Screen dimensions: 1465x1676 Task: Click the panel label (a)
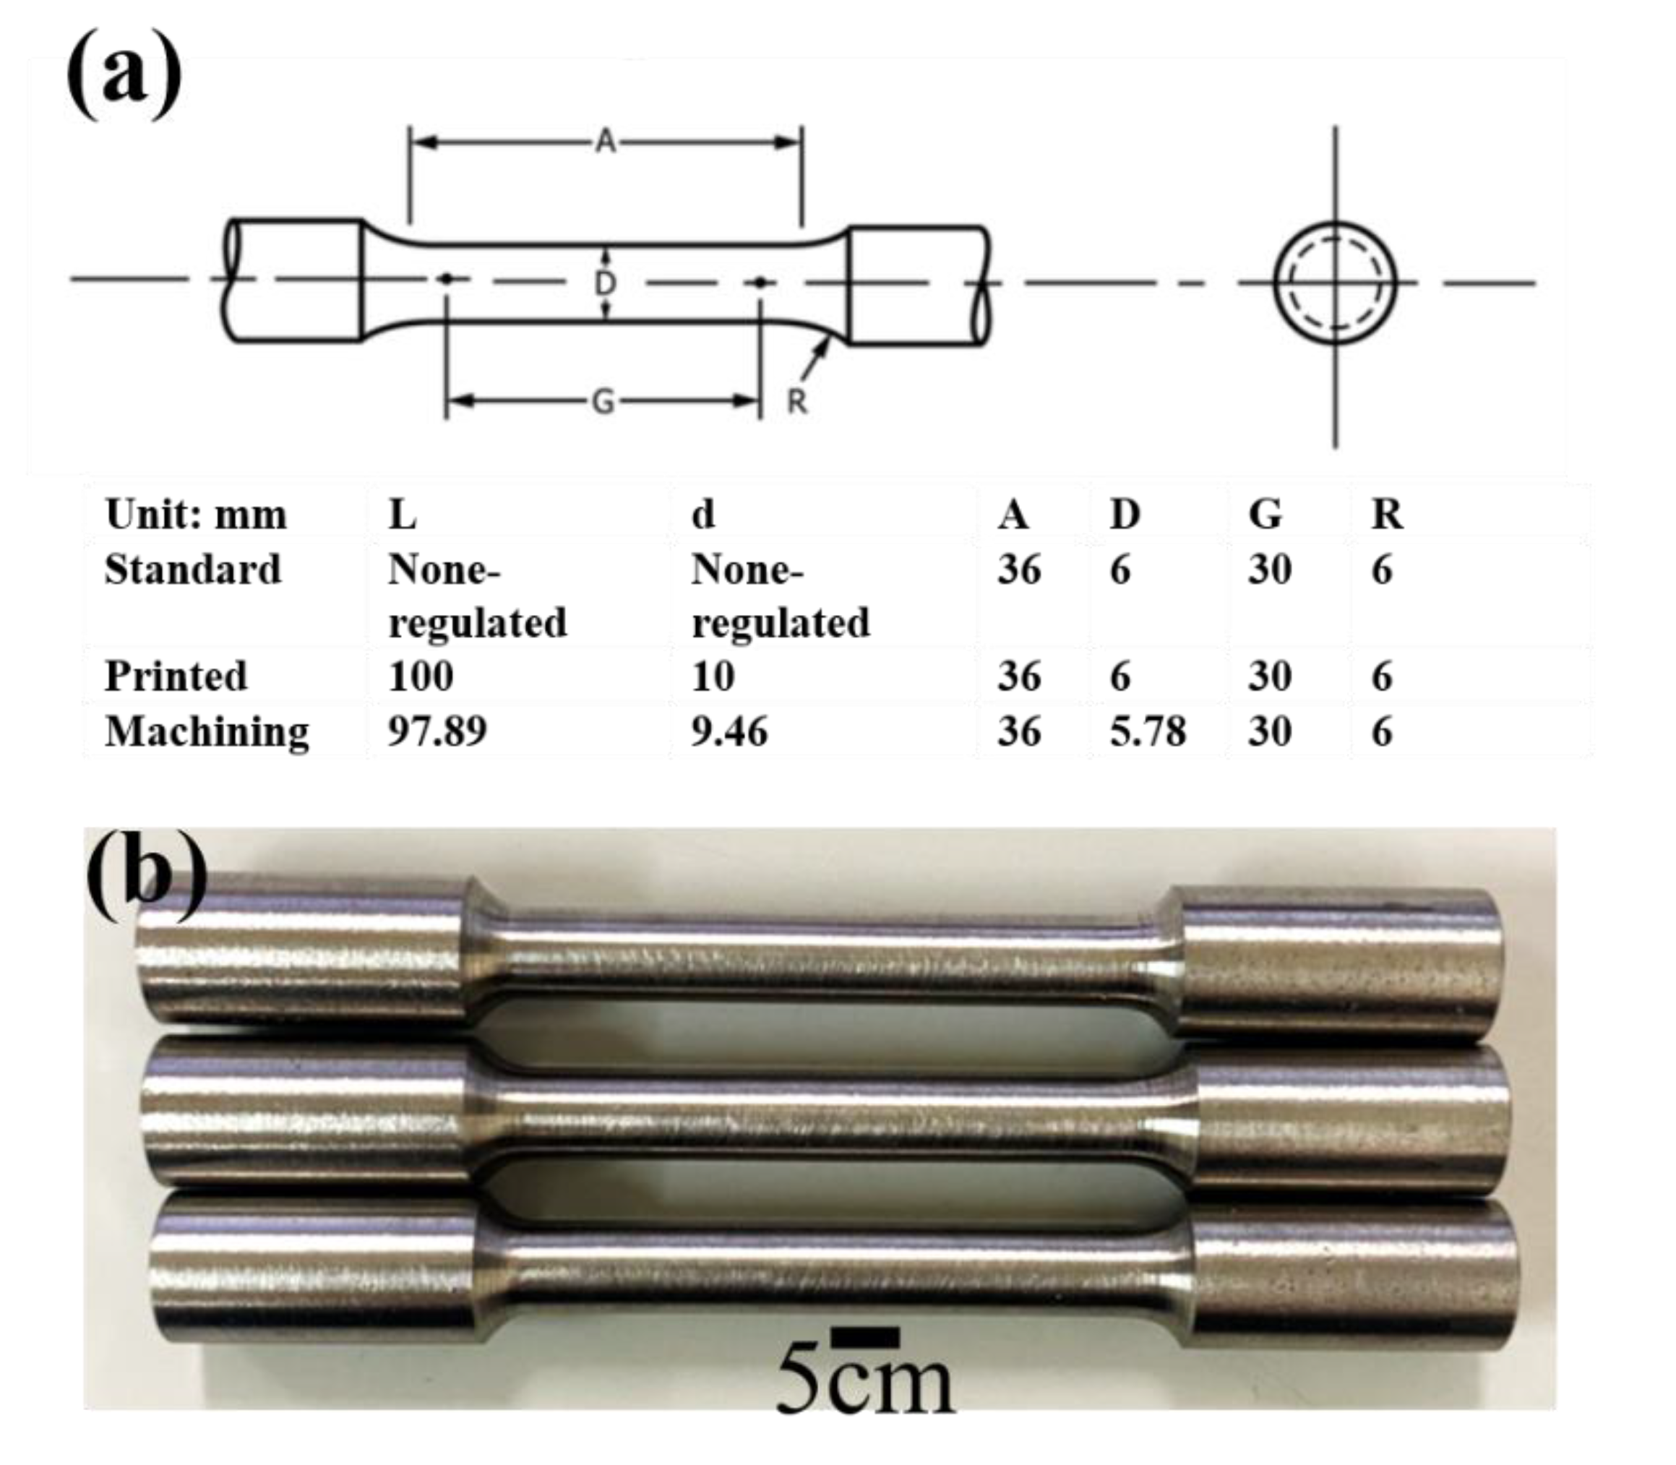(124, 74)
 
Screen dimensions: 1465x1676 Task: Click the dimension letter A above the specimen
(605, 142)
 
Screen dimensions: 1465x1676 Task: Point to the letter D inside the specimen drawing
(605, 284)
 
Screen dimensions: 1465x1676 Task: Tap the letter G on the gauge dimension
(603, 401)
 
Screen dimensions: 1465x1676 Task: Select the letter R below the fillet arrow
(796, 401)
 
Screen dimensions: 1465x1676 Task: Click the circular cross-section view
(1335, 282)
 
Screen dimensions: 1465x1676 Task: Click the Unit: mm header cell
(196, 515)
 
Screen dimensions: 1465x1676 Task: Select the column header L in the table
(403, 515)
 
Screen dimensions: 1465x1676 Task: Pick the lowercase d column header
(703, 515)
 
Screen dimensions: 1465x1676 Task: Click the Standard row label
(193, 569)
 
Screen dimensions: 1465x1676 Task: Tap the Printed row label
(176, 676)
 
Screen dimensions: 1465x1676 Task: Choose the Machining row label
(207, 731)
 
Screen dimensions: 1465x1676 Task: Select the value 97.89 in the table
(437, 731)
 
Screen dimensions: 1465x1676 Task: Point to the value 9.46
(729, 731)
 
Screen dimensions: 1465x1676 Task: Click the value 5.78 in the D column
(1147, 731)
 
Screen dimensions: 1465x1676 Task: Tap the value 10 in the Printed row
(713, 676)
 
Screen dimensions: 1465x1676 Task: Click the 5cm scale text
(865, 1382)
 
